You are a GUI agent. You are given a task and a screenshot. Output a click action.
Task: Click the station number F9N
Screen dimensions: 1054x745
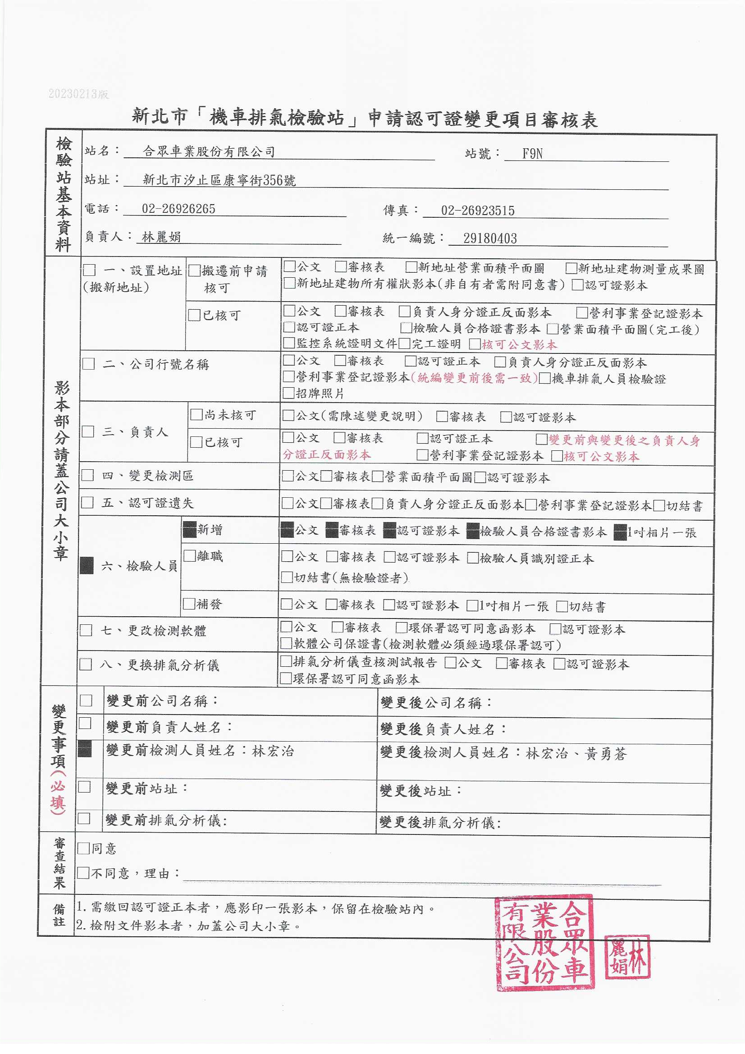532,154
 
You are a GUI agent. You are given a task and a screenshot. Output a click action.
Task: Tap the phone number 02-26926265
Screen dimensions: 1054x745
178,209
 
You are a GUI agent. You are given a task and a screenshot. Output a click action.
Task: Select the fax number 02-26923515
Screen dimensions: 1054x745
477,211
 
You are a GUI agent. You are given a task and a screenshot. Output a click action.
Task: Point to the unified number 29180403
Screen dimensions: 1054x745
490,238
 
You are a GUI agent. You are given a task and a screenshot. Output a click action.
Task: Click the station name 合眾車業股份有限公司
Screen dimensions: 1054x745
209,151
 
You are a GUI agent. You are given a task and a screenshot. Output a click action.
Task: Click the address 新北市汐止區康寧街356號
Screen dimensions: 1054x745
219,180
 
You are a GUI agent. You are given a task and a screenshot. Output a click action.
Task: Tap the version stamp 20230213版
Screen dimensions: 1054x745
78,94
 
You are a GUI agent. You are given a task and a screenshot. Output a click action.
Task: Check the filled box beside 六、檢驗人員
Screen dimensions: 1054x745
87,566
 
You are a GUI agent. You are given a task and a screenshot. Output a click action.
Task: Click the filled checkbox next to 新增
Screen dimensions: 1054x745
190,530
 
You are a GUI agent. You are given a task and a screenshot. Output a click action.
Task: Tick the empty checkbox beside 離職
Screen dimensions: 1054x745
190,556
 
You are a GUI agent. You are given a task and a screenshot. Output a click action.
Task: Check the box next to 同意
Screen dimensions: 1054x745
83,848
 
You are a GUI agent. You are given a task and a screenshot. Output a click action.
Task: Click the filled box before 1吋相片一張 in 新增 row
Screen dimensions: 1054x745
620,532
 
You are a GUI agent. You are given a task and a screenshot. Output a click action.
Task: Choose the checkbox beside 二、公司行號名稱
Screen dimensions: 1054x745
89,364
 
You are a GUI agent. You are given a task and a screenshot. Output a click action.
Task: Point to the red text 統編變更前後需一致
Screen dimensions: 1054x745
474,378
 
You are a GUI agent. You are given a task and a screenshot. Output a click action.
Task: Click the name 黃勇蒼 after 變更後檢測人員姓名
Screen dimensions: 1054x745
606,753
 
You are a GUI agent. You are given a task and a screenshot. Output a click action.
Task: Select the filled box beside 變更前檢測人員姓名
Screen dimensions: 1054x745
85,749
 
